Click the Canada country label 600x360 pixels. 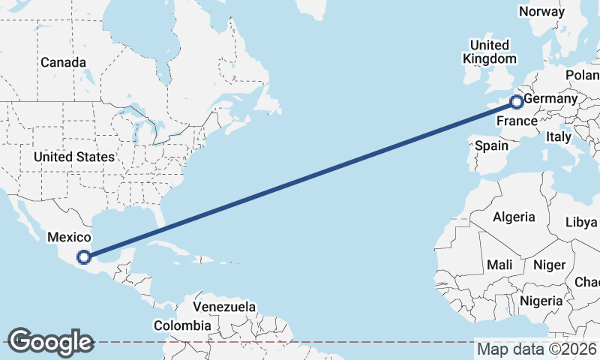tap(63, 62)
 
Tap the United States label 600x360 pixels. tap(73, 157)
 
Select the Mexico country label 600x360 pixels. tap(69, 237)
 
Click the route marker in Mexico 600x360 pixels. tap(85, 256)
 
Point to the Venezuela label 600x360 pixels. tap(223, 307)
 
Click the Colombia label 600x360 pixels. tap(182, 325)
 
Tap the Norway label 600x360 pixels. tap(541, 11)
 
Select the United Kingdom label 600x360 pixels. tap(490, 52)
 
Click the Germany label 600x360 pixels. tap(550, 99)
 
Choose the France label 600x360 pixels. tap(517, 121)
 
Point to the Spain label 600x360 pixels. tap(492, 145)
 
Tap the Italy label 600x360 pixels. tap(558, 136)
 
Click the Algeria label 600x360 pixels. tap(514, 217)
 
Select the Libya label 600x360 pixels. tap(581, 222)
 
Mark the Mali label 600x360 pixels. tap(499, 265)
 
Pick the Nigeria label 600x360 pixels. tap(540, 300)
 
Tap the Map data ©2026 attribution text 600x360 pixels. tap(537, 349)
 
